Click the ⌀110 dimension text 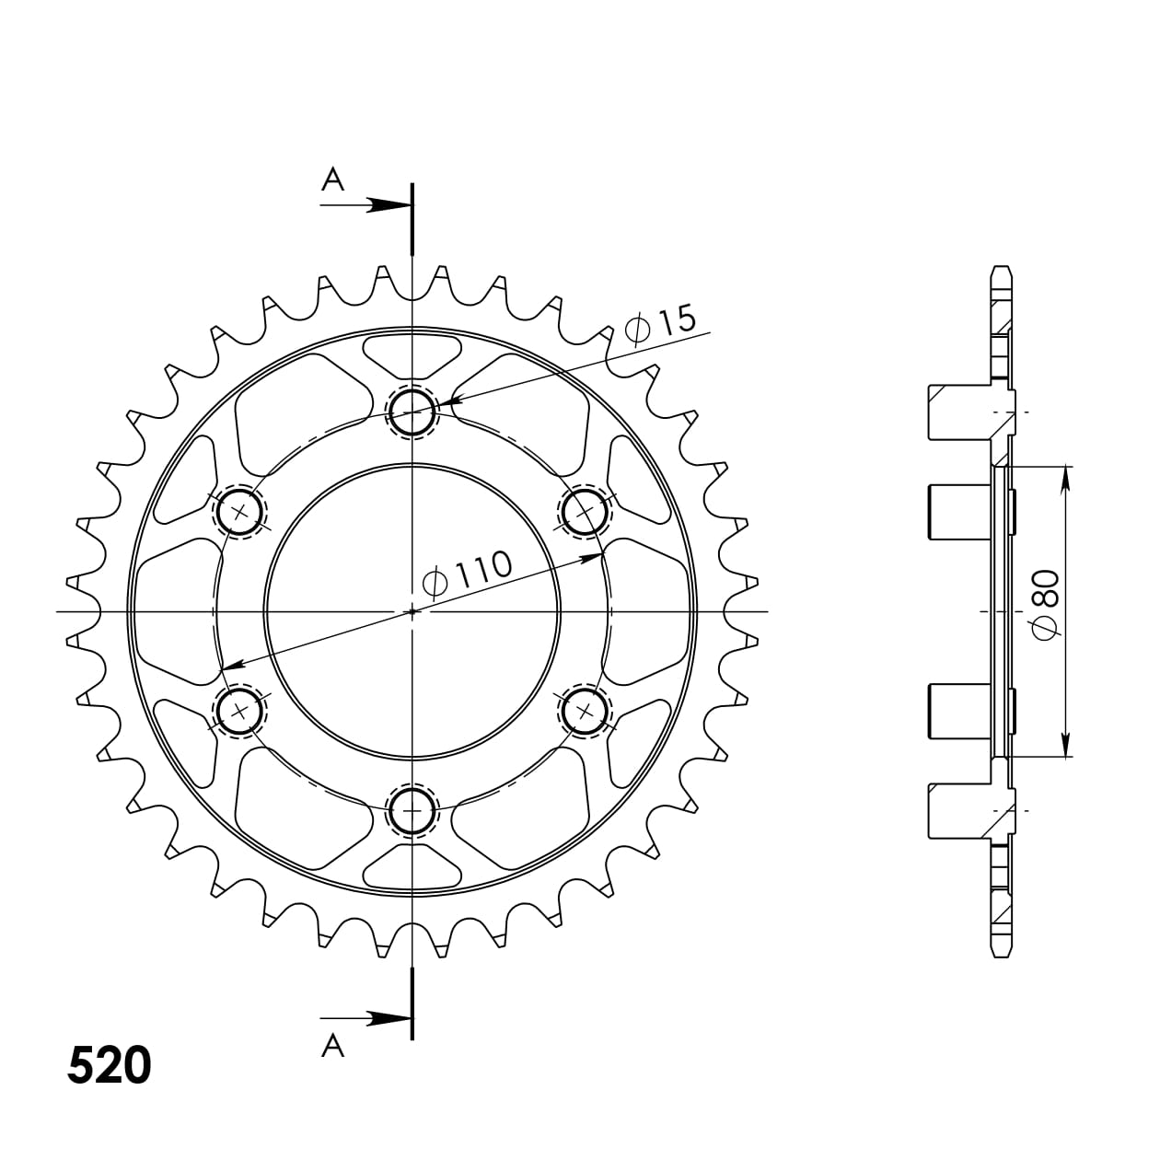pos(467,573)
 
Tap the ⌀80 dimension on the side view pos(1045,605)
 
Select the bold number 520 pos(109,1065)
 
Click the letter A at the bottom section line pos(332,1046)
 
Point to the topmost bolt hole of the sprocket pos(412,412)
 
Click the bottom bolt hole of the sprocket pos(412,811)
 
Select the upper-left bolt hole pos(239,512)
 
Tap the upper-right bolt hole pos(585,512)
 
